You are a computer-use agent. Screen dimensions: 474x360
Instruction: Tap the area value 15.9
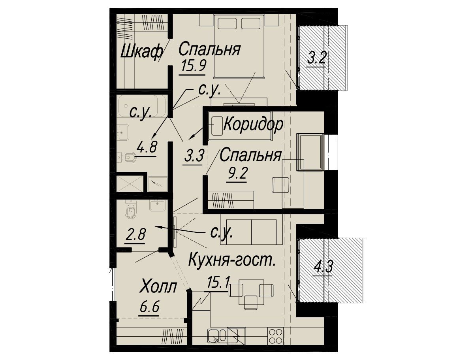(x=193, y=66)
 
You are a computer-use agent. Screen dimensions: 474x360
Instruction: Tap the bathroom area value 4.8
(x=147, y=147)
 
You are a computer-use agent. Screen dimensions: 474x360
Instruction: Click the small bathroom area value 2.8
(x=136, y=234)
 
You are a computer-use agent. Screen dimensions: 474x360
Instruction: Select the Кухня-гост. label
(x=232, y=260)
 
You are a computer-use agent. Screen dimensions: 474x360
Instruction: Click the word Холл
(x=158, y=287)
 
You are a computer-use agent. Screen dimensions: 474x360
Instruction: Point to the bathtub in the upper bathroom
(x=143, y=106)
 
